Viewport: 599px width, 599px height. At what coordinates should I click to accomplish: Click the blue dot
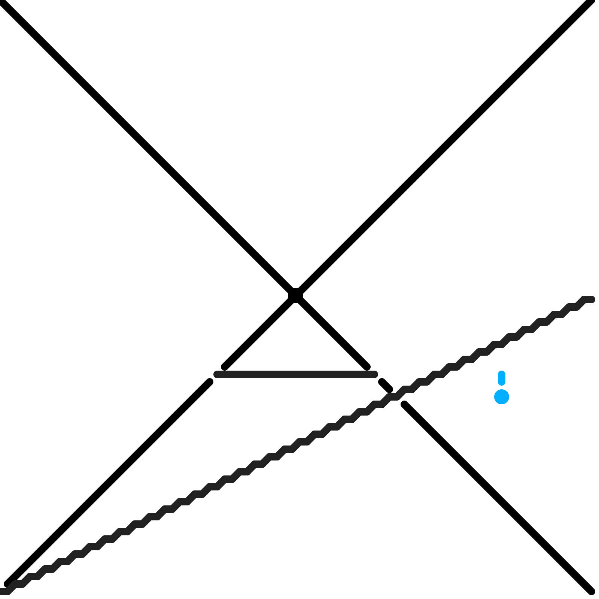[502, 397]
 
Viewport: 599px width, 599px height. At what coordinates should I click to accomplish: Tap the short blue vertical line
[502, 378]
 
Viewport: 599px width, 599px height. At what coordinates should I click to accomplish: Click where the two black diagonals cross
[296, 296]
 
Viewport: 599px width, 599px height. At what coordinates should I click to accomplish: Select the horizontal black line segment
[296, 374]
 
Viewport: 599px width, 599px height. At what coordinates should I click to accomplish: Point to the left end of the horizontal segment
[216, 374]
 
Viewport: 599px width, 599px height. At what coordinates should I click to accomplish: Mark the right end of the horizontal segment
[375, 374]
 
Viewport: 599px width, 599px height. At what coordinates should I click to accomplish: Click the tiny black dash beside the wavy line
[386, 385]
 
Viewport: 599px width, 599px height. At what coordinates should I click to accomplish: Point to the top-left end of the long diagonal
[4, 4]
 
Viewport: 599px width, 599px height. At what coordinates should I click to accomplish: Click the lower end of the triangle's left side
[224, 368]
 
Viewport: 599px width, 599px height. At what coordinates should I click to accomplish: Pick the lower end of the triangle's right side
[368, 368]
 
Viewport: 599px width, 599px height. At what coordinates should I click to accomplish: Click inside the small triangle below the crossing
[296, 344]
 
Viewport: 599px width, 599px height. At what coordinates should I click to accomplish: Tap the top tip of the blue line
[502, 373]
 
